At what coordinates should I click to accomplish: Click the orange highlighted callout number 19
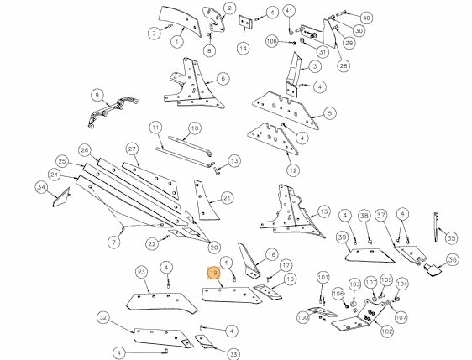[x=213, y=273]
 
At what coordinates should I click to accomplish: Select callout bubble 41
[x=289, y=12]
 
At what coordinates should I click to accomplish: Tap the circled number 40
[x=366, y=18]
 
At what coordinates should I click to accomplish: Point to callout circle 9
[x=97, y=96]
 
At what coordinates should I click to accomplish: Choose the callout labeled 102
[x=387, y=331]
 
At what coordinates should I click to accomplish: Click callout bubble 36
[x=453, y=259]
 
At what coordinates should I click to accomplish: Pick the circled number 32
[x=103, y=318]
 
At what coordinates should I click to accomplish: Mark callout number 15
[x=324, y=211]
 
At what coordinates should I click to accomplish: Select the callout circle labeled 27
[x=133, y=149]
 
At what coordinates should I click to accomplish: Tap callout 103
[x=355, y=284]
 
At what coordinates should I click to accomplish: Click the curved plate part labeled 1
[x=180, y=22]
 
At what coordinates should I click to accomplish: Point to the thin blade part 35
[x=436, y=227]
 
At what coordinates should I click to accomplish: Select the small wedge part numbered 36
[x=432, y=269]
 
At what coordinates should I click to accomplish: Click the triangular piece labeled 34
[x=61, y=197]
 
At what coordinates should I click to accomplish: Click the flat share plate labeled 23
[x=162, y=303]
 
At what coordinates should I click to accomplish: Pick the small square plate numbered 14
[x=245, y=23]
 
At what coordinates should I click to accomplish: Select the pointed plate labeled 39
[x=370, y=256]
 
